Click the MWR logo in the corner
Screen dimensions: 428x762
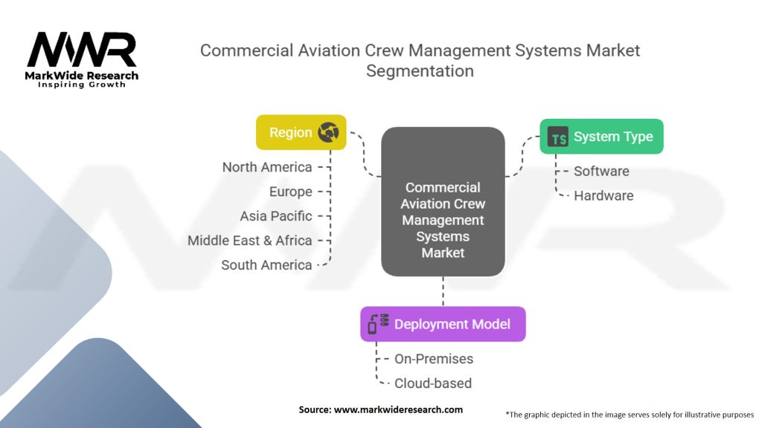click(82, 51)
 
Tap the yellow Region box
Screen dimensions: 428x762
click(301, 133)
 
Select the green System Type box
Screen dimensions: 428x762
click(601, 137)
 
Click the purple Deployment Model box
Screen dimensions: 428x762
click(443, 324)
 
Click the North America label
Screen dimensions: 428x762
click(267, 167)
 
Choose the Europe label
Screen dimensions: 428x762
click(291, 192)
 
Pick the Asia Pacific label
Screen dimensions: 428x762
click(276, 216)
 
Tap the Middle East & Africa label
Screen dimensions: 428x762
click(250, 241)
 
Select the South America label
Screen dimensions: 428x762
click(266, 265)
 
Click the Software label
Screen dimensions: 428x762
click(601, 172)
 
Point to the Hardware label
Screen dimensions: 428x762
click(603, 196)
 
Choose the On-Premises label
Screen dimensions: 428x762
click(434, 359)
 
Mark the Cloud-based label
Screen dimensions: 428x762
click(433, 383)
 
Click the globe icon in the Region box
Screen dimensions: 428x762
click(328, 133)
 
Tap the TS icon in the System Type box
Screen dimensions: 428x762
click(557, 137)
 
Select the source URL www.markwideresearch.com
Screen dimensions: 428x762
click(398, 409)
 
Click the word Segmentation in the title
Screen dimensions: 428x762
click(420, 71)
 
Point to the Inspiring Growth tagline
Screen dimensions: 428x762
click(82, 85)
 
